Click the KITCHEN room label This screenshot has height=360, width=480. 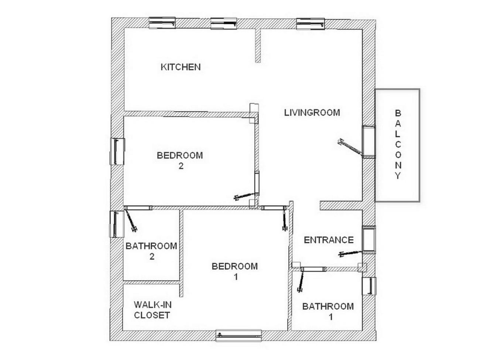(181, 67)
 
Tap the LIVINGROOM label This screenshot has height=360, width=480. (312, 113)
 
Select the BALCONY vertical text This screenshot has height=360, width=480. (398, 144)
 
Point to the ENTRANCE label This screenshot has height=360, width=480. (329, 240)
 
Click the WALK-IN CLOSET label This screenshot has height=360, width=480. (152, 310)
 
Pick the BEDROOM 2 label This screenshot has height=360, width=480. (180, 161)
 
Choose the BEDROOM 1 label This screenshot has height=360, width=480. (235, 271)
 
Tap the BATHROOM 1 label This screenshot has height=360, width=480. (328, 312)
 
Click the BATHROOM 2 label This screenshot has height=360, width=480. (151, 251)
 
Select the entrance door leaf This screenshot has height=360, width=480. (350, 254)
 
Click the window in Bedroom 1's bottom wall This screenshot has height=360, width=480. (239, 336)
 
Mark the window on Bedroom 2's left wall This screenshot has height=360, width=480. (117, 151)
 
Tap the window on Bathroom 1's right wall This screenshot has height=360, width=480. (369, 286)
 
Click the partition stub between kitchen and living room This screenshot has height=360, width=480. (258, 46)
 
